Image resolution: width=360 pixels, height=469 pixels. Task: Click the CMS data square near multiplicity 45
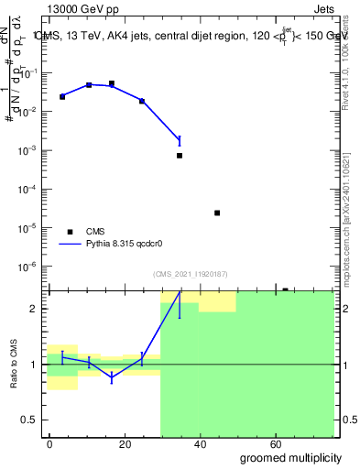pos(217,213)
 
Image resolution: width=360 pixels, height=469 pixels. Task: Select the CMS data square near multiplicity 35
pos(180,156)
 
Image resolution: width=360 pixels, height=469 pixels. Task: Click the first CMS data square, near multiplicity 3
pos(62,96)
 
